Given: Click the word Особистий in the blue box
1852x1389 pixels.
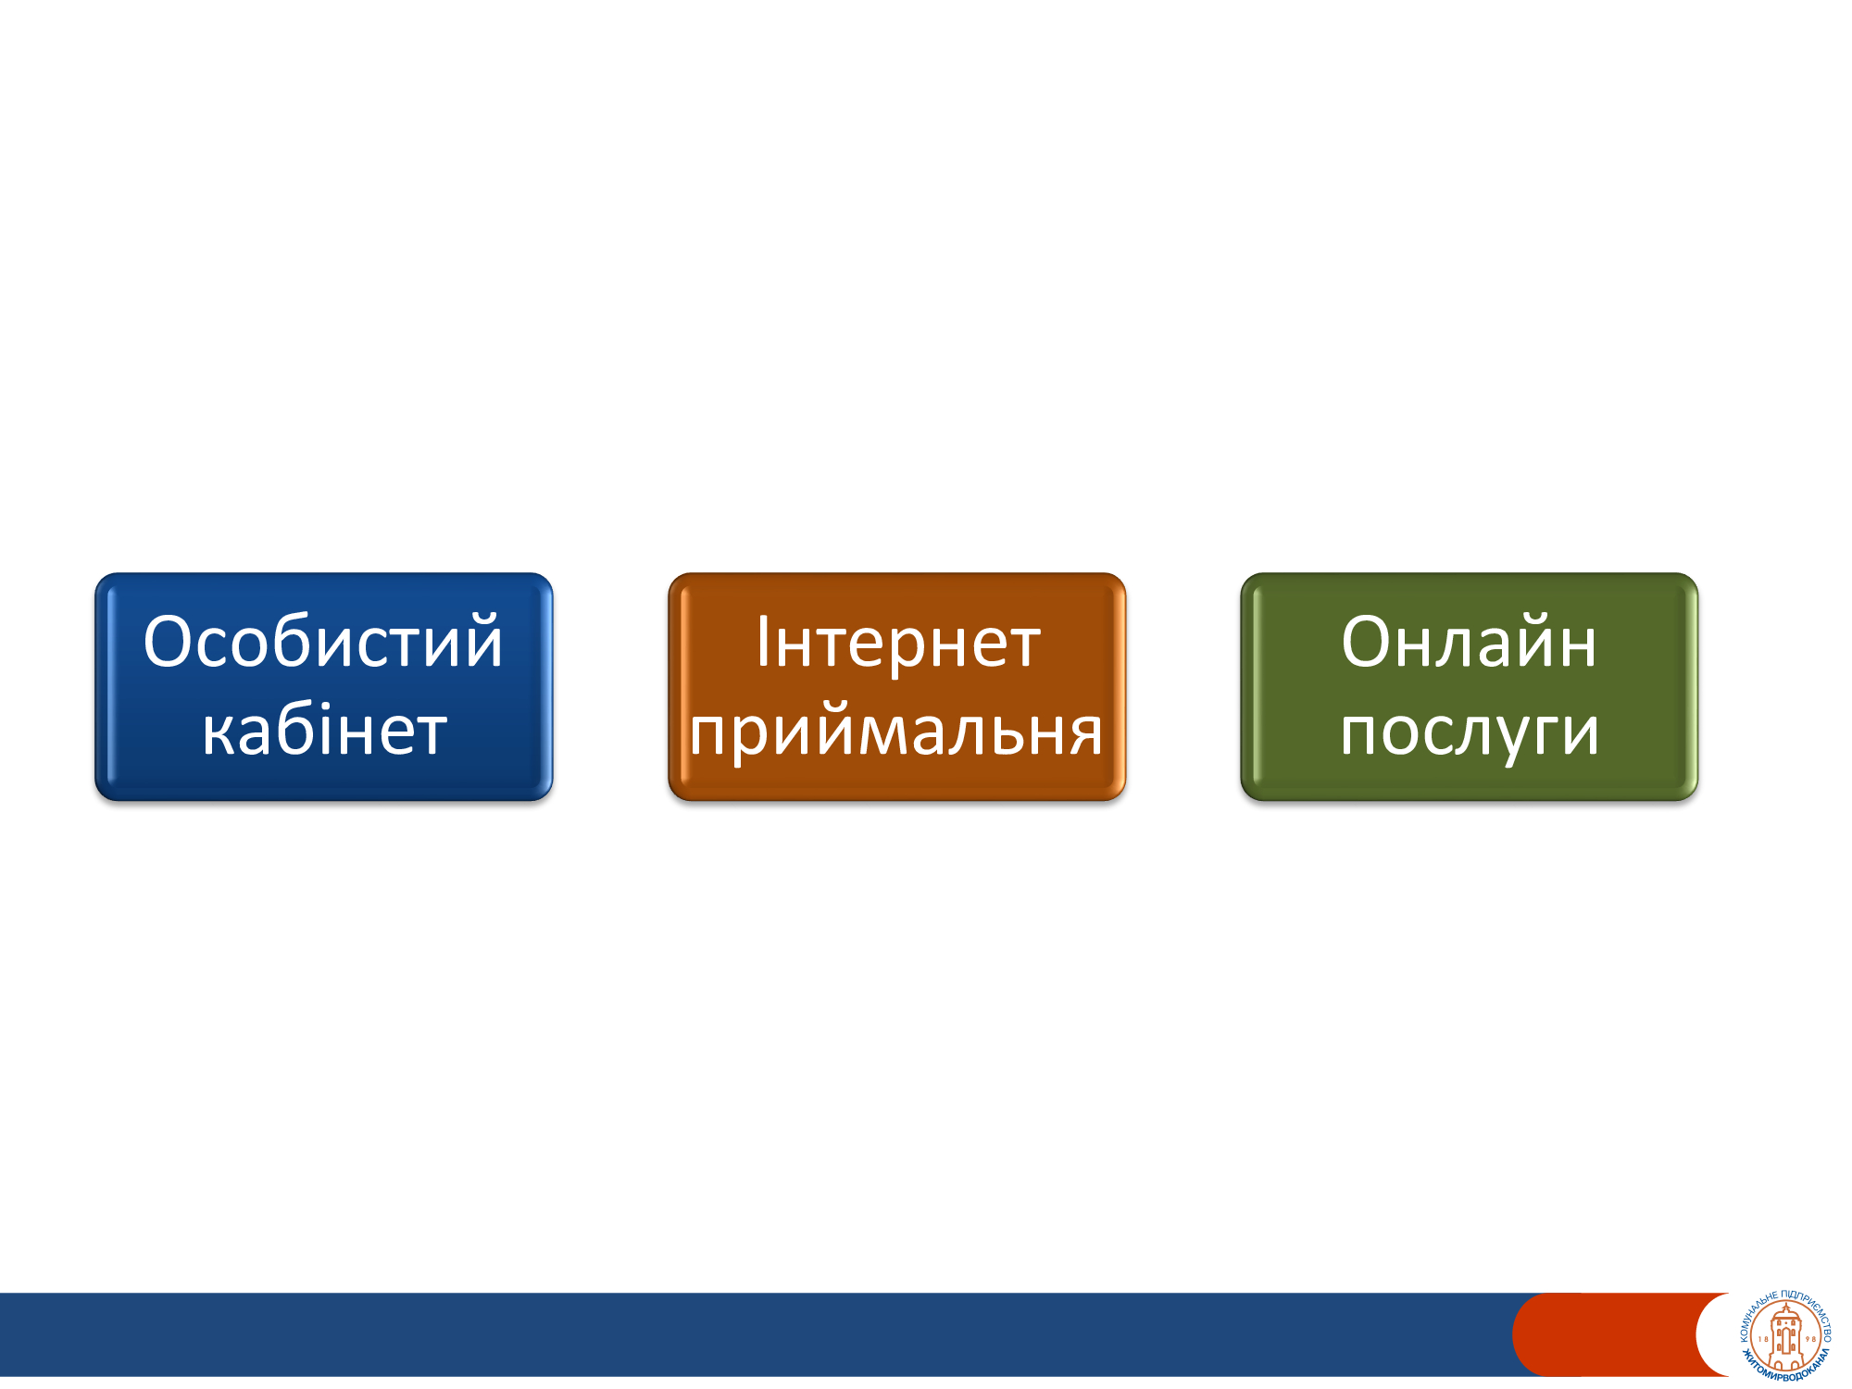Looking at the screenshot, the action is coord(323,641).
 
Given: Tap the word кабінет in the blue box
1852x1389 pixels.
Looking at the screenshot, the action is coord(324,730).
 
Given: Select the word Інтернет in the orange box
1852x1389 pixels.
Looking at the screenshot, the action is coord(898,641).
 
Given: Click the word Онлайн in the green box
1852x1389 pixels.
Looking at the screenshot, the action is coord(1469,641).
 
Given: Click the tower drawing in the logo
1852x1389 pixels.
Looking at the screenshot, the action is coord(1786,1336).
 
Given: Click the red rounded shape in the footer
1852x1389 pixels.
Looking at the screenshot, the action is coord(1616,1334).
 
